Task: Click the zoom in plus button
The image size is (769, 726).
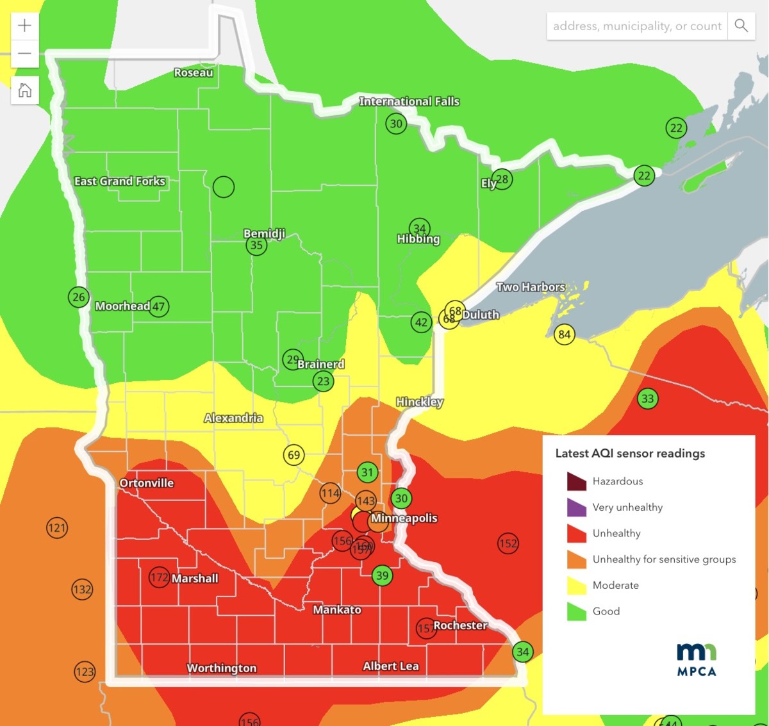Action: click(25, 26)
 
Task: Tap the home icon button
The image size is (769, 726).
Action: click(25, 90)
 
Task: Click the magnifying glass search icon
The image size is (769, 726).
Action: click(741, 26)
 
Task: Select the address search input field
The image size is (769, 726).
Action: click(637, 26)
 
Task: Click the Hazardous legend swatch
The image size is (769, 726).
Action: click(577, 481)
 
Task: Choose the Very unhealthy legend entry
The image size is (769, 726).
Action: click(627, 507)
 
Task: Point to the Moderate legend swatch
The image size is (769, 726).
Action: click(577, 586)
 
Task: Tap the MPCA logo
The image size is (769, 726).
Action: click(697, 660)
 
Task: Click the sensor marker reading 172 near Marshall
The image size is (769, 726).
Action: click(159, 577)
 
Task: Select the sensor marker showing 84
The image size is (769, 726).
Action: click(564, 334)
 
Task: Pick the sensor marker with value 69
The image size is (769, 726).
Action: click(294, 455)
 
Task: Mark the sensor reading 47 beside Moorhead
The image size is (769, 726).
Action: click(158, 307)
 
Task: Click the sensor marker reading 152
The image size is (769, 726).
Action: click(508, 544)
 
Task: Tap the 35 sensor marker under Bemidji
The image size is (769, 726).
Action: click(256, 245)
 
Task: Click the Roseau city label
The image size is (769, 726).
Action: click(194, 73)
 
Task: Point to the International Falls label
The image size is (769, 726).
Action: click(409, 101)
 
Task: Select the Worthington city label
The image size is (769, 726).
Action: click(221, 668)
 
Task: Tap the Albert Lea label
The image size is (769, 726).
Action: click(390, 666)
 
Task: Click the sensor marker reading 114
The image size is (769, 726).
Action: click(330, 493)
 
